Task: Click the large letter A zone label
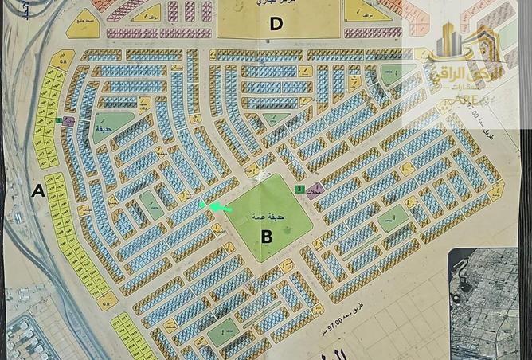click(x=37, y=190)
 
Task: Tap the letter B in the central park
click(x=267, y=236)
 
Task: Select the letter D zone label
click(x=276, y=23)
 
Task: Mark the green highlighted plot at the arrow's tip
click(x=202, y=205)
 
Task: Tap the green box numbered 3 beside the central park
click(x=298, y=190)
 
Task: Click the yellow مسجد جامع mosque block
click(x=83, y=24)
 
